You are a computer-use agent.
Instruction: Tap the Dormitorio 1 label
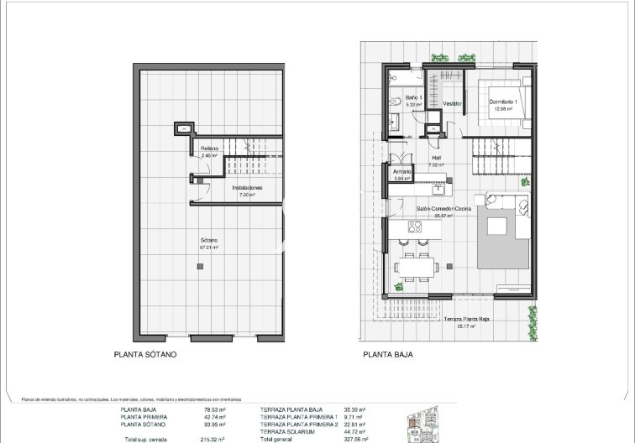pos(504,102)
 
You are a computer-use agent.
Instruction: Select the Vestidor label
pos(454,103)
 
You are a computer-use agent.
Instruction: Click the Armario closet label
pos(402,171)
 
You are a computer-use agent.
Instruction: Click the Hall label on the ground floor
pos(436,158)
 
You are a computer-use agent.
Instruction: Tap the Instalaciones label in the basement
pos(247,188)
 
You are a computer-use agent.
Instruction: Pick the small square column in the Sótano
pos(199,267)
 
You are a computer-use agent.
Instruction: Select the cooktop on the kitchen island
pos(414,227)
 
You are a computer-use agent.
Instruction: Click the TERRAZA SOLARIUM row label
pos(291,431)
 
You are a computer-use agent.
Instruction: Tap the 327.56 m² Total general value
pos(355,439)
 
